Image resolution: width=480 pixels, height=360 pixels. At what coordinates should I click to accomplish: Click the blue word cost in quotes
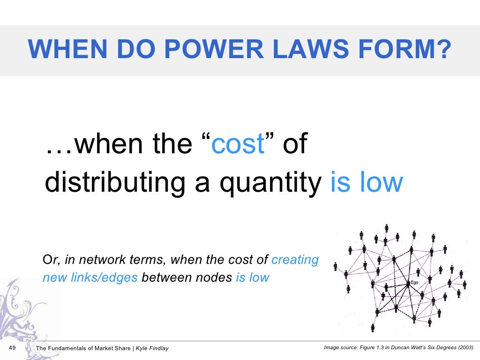238,144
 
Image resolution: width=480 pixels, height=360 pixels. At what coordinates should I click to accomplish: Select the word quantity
271,183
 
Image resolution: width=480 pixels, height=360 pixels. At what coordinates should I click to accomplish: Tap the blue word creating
295,260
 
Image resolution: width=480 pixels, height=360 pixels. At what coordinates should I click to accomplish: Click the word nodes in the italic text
216,277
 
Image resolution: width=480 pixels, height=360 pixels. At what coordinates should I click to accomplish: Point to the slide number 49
13,348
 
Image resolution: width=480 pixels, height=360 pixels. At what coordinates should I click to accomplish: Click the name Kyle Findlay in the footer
152,348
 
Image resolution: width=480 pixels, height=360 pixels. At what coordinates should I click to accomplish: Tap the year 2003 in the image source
464,348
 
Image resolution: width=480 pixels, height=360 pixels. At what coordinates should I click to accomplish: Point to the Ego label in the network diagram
414,283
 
